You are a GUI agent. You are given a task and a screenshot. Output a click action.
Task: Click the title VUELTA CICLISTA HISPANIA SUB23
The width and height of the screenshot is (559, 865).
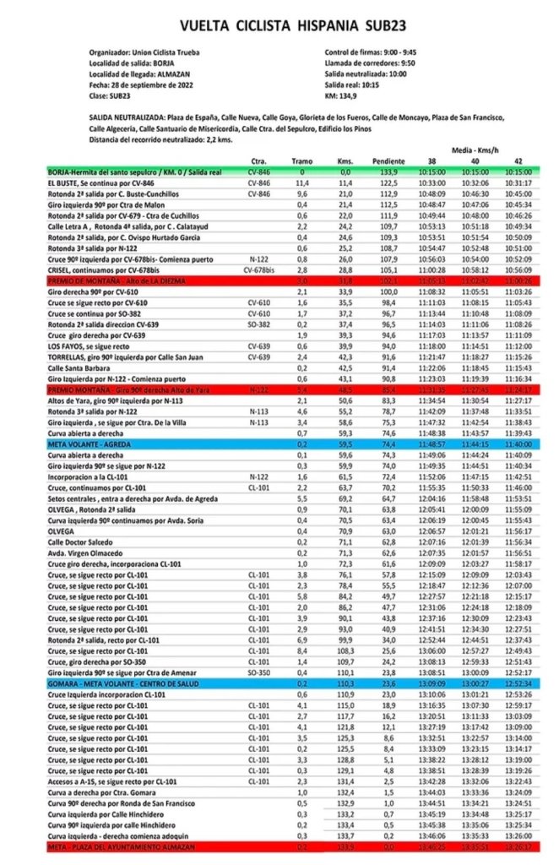279,26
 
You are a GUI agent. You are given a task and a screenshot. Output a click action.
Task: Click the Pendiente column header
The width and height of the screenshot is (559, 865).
388,161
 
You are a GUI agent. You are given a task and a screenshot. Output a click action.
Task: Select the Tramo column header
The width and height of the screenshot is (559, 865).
301,161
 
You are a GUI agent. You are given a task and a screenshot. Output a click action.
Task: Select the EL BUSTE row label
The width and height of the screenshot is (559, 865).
101,182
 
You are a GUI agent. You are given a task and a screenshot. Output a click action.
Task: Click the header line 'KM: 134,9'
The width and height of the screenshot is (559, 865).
344,95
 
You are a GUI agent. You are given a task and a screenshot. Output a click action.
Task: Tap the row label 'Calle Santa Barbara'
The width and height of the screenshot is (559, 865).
82,367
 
